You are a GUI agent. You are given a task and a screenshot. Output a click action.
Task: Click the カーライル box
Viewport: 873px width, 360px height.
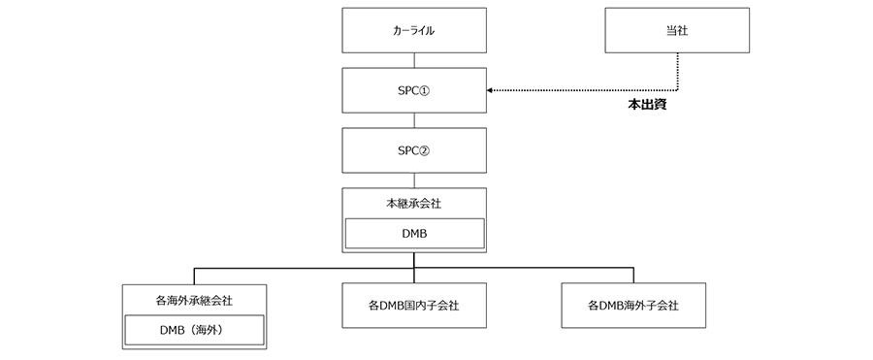click(414, 30)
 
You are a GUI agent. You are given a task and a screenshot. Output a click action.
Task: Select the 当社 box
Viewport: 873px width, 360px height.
click(677, 30)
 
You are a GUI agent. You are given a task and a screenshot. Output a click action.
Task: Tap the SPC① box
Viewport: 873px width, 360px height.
click(414, 90)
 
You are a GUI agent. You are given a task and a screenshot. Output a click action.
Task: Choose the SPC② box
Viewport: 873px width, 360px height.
click(414, 150)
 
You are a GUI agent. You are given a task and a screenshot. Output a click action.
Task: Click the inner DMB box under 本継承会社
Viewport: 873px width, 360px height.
click(414, 233)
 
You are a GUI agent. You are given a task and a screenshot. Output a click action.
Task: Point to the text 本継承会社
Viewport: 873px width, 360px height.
click(414, 203)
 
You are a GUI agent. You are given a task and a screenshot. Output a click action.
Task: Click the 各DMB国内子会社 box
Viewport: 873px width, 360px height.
click(414, 305)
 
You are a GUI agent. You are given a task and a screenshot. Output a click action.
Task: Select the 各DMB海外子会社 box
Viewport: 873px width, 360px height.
click(633, 305)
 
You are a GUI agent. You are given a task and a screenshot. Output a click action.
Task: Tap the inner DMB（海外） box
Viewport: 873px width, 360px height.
click(194, 330)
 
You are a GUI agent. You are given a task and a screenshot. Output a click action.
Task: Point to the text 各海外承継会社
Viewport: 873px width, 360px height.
click(194, 299)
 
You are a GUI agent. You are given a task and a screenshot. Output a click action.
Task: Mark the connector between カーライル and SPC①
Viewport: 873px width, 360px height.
click(414, 60)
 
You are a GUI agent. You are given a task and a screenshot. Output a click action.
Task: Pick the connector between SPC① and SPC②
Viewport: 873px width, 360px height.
click(414, 120)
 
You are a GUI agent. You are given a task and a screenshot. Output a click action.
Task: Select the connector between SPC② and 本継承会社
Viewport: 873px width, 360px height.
click(414, 180)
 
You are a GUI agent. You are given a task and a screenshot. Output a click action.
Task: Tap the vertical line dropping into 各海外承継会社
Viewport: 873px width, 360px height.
click(194, 275)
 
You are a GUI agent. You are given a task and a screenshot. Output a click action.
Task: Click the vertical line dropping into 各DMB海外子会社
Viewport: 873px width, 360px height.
click(633, 275)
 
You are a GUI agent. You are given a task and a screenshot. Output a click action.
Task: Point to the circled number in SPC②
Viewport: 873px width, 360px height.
click(434, 150)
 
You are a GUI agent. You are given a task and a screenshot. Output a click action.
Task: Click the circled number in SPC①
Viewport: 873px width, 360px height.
click(434, 90)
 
